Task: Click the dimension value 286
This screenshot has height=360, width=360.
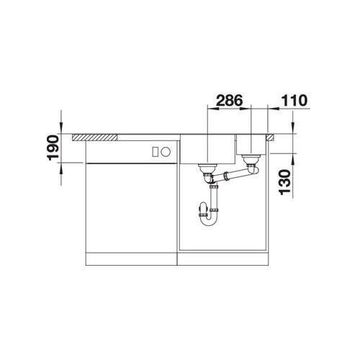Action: pyautogui.click(x=230, y=100)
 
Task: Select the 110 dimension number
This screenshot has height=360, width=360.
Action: pyautogui.click(x=294, y=100)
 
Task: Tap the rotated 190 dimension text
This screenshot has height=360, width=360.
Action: pyautogui.click(x=53, y=148)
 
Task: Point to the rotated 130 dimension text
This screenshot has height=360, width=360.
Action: pyautogui.click(x=284, y=181)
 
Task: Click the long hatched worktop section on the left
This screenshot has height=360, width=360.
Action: pyautogui.click(x=95, y=138)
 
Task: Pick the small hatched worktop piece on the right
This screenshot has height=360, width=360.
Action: pyautogui.click(x=269, y=138)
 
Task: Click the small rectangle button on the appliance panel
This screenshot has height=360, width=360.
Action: pyautogui.click(x=156, y=152)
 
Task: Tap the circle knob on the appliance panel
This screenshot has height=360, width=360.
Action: pyautogui.click(x=166, y=152)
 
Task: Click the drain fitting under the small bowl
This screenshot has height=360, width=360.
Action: pyautogui.click(x=251, y=161)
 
